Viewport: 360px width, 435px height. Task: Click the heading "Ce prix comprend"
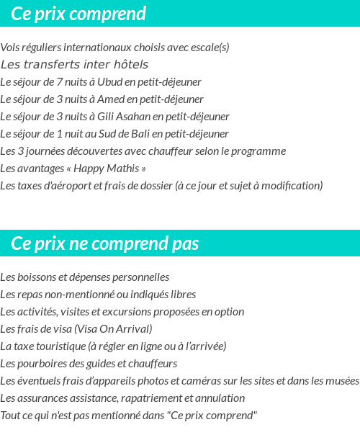point(78,14)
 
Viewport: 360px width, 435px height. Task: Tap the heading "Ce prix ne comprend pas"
point(105,243)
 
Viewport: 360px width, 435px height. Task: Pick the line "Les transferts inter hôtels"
point(74,65)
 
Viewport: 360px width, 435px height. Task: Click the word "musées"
point(343,381)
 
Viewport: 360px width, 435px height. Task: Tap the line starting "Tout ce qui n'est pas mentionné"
point(128,416)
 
